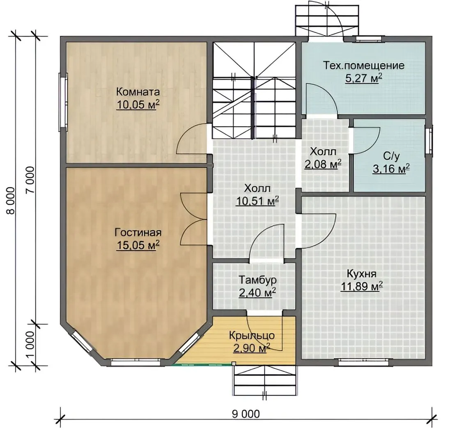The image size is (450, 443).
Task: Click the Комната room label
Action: click(x=138, y=92)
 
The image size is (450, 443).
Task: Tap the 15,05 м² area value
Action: click(x=138, y=245)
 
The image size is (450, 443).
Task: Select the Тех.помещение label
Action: click(x=364, y=65)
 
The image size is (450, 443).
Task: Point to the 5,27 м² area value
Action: click(x=364, y=78)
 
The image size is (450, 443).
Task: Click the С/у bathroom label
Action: click(x=391, y=156)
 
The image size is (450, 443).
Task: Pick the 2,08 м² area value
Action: click(x=323, y=164)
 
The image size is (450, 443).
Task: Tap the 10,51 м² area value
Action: click(x=257, y=201)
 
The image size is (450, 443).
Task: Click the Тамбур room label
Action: click(x=257, y=280)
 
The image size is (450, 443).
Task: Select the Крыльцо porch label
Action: click(x=252, y=335)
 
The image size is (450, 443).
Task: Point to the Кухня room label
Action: click(x=361, y=274)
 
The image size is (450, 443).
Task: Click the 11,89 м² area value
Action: click(x=361, y=286)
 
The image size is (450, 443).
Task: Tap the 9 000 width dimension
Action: click(x=246, y=414)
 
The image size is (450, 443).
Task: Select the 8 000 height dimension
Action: click(x=11, y=201)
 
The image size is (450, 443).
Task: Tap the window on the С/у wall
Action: click(x=429, y=142)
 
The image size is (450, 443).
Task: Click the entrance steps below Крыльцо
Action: click(x=264, y=380)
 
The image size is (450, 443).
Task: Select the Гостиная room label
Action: click(x=138, y=233)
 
